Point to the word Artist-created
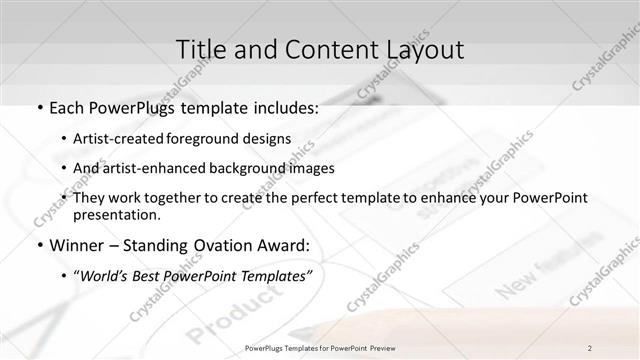point(120,140)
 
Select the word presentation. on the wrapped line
point(116,214)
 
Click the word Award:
point(289,244)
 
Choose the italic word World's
point(104,275)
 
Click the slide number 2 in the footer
point(590,347)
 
